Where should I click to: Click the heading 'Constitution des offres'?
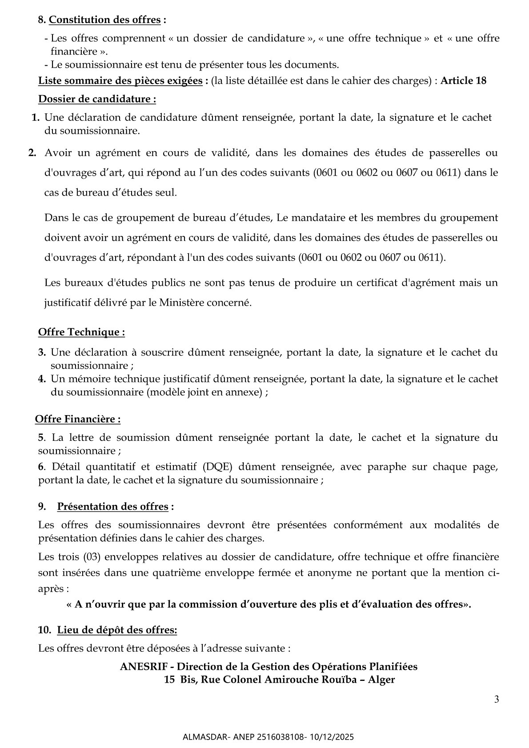point(104,20)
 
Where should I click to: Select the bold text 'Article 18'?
point(463,81)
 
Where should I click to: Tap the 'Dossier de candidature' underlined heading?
point(97,99)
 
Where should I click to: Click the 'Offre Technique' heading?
point(81,332)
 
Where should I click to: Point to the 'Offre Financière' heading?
point(78,419)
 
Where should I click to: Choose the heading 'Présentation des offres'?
point(113,507)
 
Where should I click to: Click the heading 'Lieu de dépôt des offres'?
point(117,630)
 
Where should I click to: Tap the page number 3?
point(496,699)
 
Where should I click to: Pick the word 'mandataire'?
point(315,218)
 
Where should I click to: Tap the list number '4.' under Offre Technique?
point(42,379)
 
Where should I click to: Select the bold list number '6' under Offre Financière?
point(41,467)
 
